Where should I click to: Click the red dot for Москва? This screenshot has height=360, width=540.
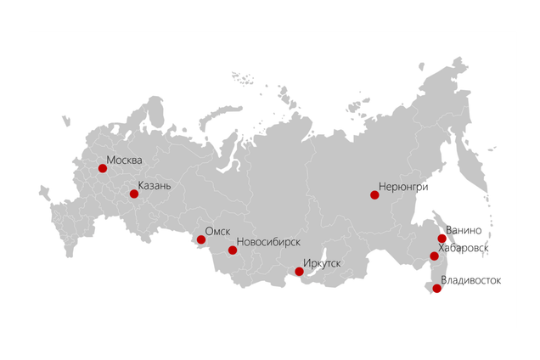coord(103,168)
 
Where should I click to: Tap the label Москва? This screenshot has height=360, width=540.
coord(125,159)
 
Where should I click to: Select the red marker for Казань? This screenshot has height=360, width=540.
coord(134,194)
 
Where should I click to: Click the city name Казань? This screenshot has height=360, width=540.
coord(155,185)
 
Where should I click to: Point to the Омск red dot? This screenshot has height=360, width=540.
coord(201,239)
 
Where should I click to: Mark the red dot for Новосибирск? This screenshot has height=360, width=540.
coord(233,250)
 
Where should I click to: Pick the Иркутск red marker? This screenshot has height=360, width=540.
coord(299,272)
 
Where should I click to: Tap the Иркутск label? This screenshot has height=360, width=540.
coord(323,263)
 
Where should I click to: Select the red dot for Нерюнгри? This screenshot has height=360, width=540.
coord(374,195)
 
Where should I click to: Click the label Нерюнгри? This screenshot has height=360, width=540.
coord(403,186)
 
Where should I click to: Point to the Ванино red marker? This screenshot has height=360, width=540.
coord(442,239)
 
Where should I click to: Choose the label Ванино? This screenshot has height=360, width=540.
coord(464,230)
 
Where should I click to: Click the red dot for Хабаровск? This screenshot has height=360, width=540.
coord(434,256)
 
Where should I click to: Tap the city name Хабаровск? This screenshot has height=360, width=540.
coord(464,247)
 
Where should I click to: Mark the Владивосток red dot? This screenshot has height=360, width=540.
coord(436,289)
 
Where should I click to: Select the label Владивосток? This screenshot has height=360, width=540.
coord(471,279)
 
